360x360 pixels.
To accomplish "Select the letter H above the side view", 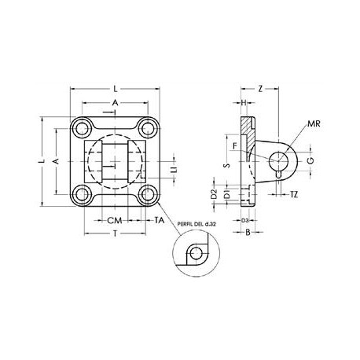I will (244, 103).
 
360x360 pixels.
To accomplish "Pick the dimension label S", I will (226, 165).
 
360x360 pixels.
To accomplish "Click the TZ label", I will (293, 193).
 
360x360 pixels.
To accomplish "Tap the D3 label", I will (244, 220).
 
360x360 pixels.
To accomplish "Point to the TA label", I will (160, 221).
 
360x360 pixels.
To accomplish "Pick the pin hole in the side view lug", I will (278, 162).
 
